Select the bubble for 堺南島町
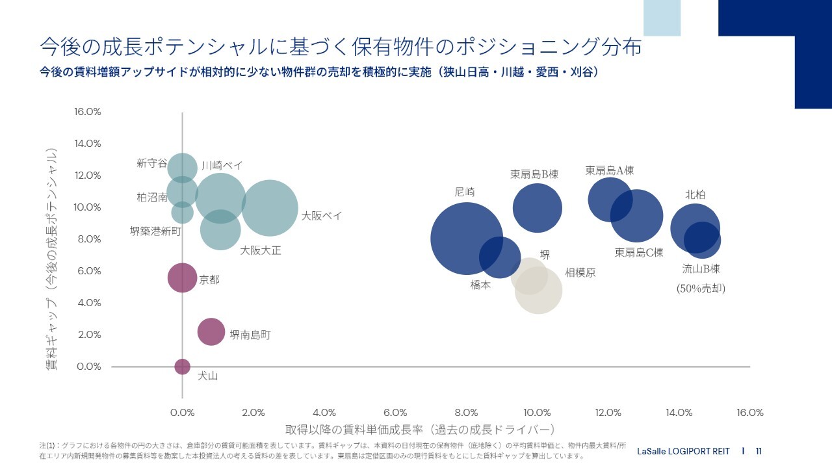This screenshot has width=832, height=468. pyautogui.click(x=211, y=331)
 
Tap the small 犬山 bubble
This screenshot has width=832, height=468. pyautogui.click(x=182, y=367)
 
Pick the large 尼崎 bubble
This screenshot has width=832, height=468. pyautogui.click(x=465, y=239)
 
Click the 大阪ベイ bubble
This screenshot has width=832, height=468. pyautogui.click(x=270, y=207)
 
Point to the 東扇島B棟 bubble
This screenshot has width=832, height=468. pyautogui.click(x=537, y=208)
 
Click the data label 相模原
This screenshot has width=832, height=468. pyautogui.click(x=580, y=273)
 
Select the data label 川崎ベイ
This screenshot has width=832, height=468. pyautogui.click(x=222, y=166)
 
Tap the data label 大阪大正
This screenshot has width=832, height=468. pyautogui.click(x=261, y=250)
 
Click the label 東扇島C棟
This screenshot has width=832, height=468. pyautogui.click(x=639, y=252)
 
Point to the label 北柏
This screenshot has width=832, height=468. pyautogui.click(x=695, y=194)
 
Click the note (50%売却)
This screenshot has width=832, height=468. pyautogui.click(x=701, y=288)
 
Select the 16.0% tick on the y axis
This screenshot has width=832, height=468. pyautogui.click(x=88, y=112)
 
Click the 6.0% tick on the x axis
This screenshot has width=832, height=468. pyautogui.click(x=395, y=413)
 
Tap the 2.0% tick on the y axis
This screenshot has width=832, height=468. pyautogui.click(x=88, y=335)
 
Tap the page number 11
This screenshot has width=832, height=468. pyautogui.click(x=759, y=451)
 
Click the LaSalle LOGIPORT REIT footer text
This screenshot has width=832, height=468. pyautogui.click(x=684, y=451)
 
